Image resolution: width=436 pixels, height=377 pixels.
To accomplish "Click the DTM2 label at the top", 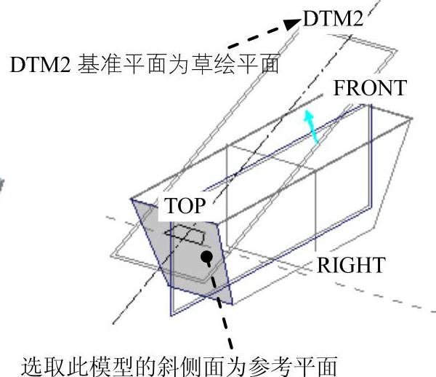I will click(332, 19).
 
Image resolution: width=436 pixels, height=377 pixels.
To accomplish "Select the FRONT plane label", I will click(369, 88).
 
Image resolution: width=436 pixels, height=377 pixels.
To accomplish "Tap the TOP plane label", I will click(185, 205).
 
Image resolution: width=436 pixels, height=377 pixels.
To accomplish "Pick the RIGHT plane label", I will click(350, 265).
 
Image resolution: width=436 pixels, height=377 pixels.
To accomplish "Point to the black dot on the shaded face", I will click(207, 257).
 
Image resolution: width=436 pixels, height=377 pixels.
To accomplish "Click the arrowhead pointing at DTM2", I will click(293, 24).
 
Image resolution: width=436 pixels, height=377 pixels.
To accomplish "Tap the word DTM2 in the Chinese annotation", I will click(36, 64).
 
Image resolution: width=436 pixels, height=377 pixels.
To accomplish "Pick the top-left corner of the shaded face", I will click(132, 197).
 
